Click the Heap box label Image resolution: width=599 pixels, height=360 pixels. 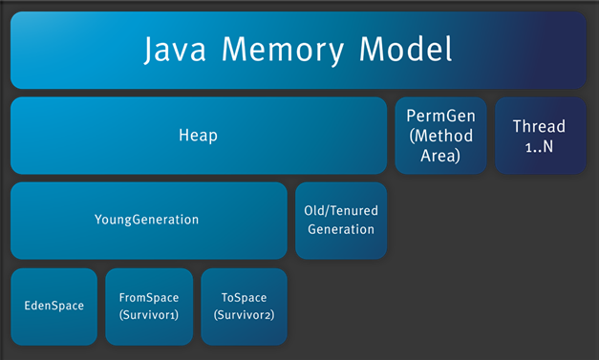pos(199,136)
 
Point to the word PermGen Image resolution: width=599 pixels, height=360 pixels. pos(440,116)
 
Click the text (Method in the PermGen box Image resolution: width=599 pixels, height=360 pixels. pos(440,136)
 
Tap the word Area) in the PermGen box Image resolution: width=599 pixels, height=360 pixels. pos(440,155)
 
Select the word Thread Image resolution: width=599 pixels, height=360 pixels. pos(539,126)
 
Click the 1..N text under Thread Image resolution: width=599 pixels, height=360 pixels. pos(539,146)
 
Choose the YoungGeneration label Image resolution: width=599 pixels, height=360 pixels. pos(147,220)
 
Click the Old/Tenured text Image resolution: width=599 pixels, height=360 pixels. pos(341,211)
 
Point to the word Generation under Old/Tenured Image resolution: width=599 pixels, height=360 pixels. pos(341,229)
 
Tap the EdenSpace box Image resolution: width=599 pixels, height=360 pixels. pos(54,307)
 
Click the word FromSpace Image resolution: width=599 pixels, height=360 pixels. pos(148,298)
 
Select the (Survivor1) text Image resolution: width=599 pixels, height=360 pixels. pos(148,315)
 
